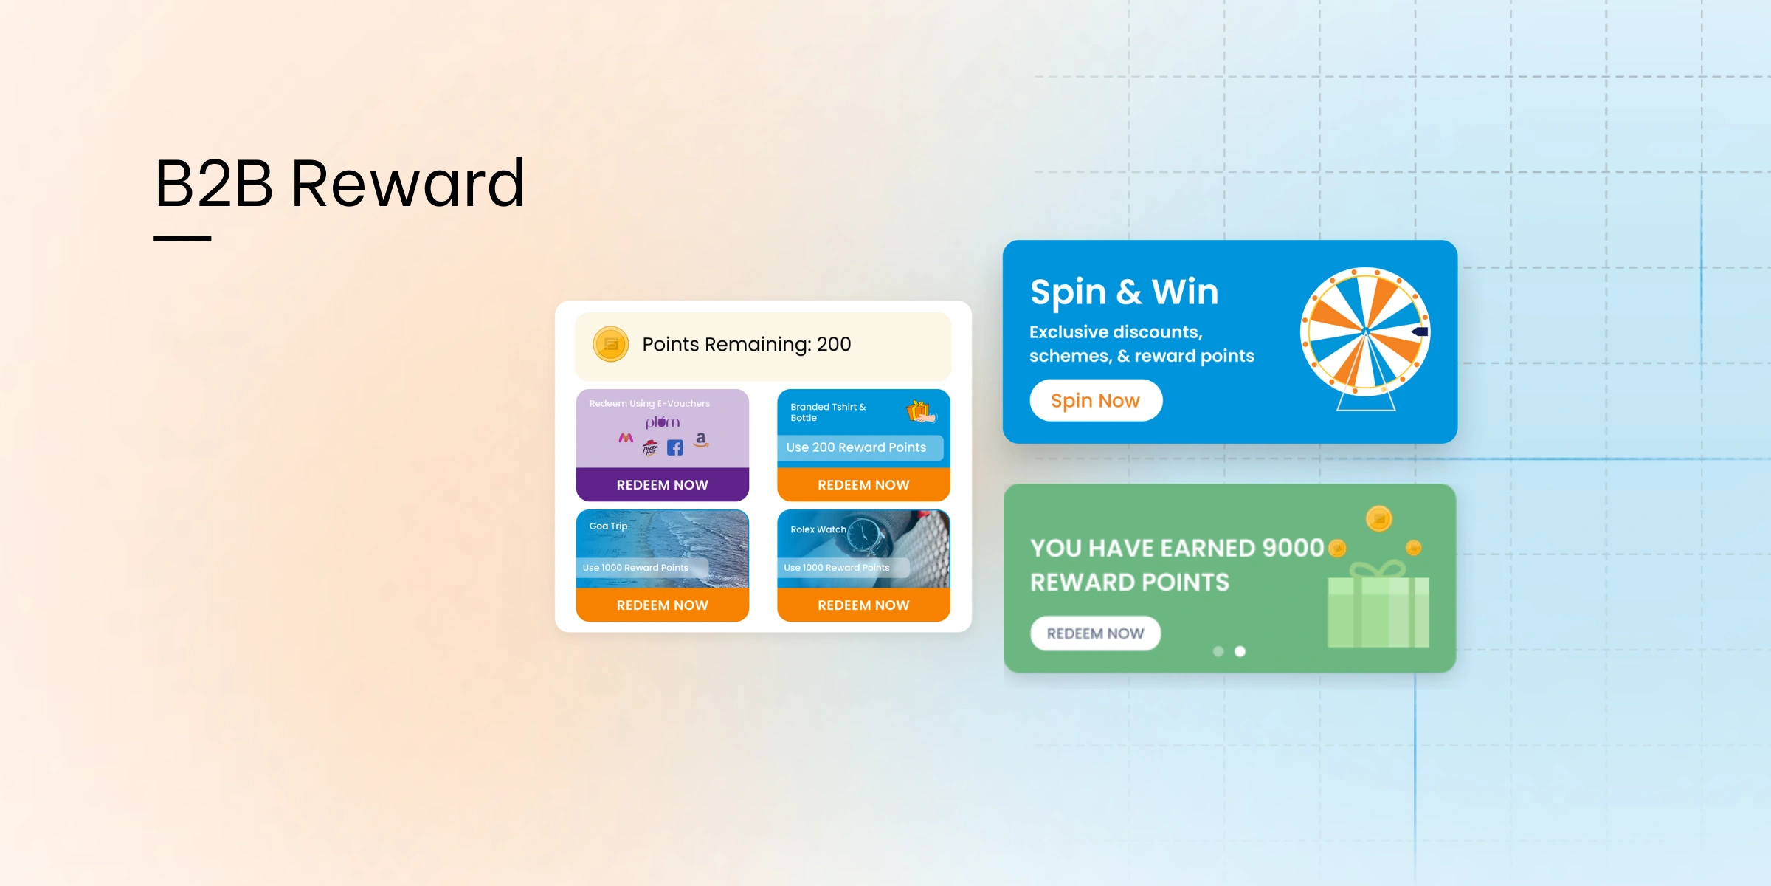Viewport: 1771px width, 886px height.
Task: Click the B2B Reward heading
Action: click(339, 183)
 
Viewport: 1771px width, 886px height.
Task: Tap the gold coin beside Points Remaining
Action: click(611, 344)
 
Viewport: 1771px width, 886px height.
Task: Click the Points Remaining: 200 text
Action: click(746, 345)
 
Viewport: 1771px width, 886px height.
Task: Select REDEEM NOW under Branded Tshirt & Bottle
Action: click(863, 484)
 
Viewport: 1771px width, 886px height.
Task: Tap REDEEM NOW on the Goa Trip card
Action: click(662, 605)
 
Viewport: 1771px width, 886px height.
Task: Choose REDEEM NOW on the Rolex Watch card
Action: click(863, 605)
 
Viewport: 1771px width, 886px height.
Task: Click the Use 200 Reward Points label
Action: click(856, 447)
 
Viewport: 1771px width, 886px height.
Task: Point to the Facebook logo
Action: click(674, 447)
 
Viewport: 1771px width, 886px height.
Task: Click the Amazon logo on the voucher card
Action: click(701, 440)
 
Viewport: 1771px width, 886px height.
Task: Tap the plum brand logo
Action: click(662, 422)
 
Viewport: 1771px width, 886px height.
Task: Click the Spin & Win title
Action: click(1124, 292)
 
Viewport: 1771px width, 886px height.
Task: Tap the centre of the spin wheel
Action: click(1365, 332)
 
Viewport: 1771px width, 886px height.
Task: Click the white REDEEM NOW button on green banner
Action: click(1095, 633)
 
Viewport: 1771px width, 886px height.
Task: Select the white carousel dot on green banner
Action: click(1240, 651)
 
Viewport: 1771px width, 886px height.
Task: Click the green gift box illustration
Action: click(1378, 604)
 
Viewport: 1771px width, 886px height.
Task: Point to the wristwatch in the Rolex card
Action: click(868, 537)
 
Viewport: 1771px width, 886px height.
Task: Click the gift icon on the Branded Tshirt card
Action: click(920, 411)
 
